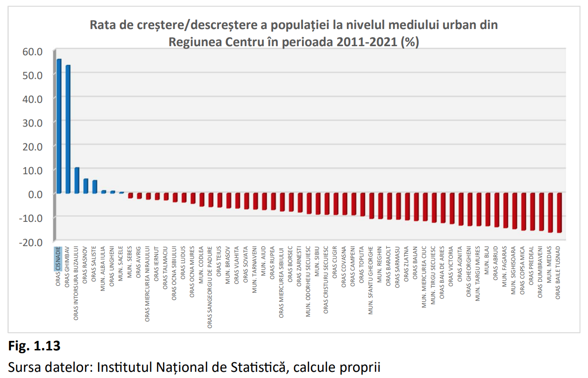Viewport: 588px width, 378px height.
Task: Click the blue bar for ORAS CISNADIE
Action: [59, 126]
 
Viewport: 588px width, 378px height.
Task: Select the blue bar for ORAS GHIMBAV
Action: [68, 129]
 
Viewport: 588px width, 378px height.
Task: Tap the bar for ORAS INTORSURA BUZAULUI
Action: [77, 180]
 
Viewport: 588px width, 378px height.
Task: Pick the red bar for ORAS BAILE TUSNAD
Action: [559, 212]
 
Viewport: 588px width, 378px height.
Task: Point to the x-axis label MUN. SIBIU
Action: [317, 259]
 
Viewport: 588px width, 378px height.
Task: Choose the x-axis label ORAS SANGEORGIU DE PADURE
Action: [210, 281]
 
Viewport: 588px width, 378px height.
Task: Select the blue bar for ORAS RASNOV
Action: [86, 186]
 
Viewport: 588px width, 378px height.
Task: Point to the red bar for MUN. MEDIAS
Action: [550, 212]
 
